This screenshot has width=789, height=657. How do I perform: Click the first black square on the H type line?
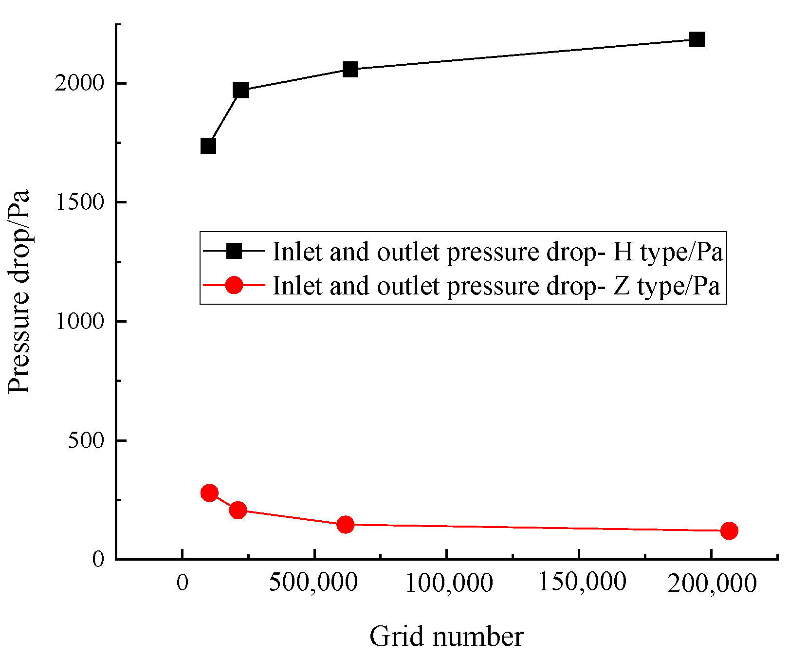coord(208,146)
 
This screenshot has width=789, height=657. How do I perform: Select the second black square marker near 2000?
coord(240,90)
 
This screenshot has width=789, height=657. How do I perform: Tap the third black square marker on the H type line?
coord(350,69)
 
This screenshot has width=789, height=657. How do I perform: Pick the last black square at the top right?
coord(697,39)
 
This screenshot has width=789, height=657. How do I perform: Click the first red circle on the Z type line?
coord(209,493)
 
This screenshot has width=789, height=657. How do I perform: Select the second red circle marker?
coord(238,510)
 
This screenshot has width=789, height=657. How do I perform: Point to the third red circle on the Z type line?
coord(345,525)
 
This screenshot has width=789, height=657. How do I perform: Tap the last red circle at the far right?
coord(729,530)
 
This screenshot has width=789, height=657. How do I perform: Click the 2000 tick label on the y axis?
coord(79,83)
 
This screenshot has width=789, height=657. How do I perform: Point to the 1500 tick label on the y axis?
coord(79,202)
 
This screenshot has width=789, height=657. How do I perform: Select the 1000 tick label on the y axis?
coord(79,321)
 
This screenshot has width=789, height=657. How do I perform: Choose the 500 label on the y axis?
coord(86,440)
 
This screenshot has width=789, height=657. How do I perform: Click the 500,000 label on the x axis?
coord(313,582)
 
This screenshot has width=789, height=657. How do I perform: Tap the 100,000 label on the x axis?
coord(449,583)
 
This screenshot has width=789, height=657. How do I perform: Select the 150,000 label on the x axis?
coord(582,582)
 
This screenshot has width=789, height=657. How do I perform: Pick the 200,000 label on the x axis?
coord(712,583)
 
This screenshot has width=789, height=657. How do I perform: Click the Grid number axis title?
coord(446,637)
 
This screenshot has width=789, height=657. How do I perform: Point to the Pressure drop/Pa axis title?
coord(19,291)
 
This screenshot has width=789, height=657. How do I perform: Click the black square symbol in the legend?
coord(234,251)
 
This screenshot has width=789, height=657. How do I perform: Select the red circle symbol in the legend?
coord(234,285)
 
